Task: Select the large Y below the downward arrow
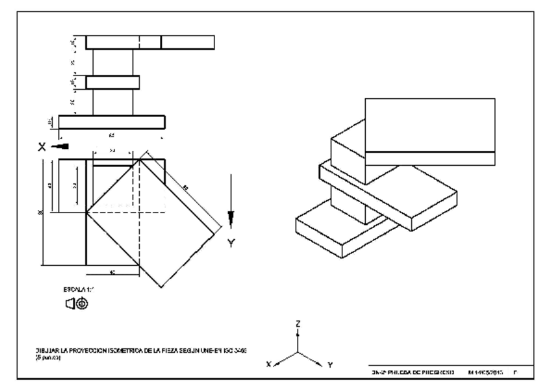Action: click(230, 244)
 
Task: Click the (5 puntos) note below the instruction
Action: click(49, 358)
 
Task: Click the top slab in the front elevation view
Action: click(149, 42)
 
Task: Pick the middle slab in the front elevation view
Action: click(112, 83)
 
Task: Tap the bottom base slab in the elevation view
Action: click(111, 123)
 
